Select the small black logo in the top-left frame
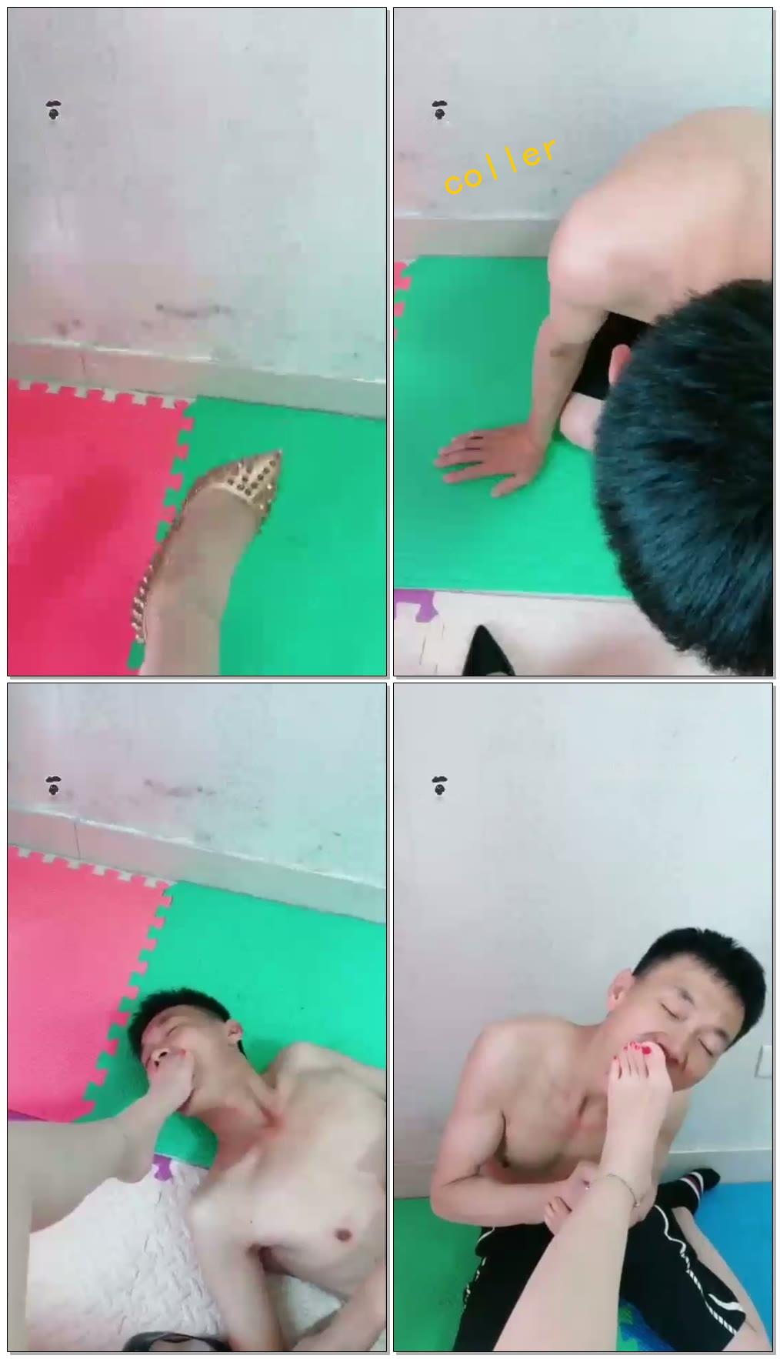tap(52, 111)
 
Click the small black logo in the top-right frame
tap(439, 111)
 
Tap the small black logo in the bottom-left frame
tap(52, 786)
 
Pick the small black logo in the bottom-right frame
tap(439, 786)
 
